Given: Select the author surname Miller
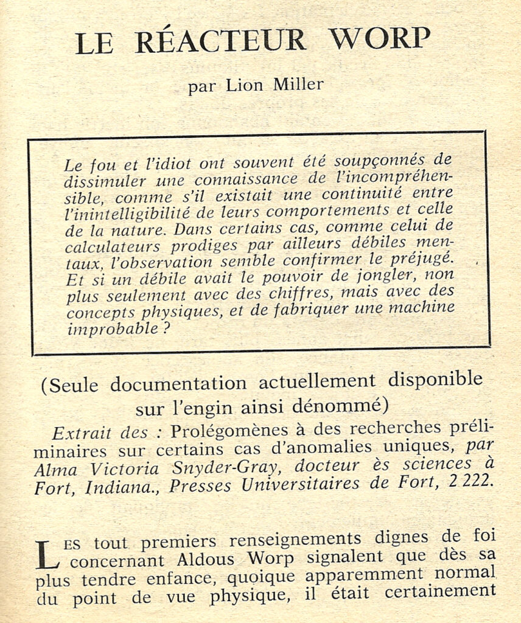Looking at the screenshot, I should click(x=298, y=85).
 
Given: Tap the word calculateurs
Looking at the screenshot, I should click(x=113, y=246).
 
